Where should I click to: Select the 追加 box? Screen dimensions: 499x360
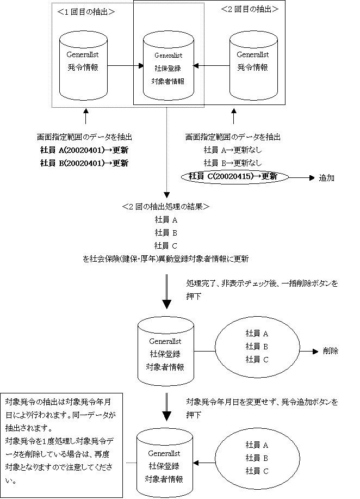pos(334,178)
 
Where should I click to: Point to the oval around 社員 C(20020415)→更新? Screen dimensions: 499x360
pos(234,176)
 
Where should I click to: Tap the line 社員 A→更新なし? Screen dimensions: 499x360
pos(233,150)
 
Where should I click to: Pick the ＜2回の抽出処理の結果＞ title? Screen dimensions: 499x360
pos(166,207)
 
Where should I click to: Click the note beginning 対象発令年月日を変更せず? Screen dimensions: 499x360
pos(264,408)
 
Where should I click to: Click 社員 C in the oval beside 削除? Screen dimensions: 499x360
pos(257,359)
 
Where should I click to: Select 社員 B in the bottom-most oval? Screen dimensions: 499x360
pos(257,458)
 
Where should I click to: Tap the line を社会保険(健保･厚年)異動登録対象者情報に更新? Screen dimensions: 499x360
pos(166,259)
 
